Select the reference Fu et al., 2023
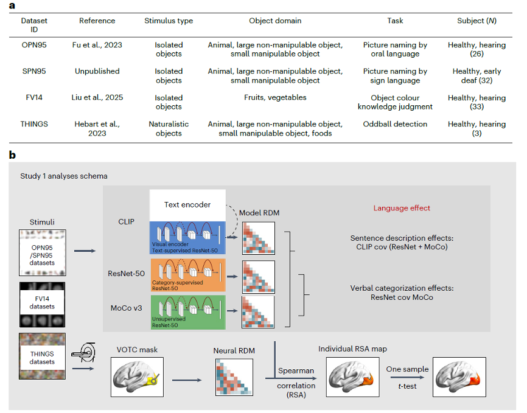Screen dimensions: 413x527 [97, 45]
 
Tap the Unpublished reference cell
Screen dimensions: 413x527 [97, 71]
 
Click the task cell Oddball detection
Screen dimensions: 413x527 [395, 124]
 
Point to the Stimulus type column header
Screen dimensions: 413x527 [169, 21]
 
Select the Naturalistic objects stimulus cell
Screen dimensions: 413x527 [169, 128]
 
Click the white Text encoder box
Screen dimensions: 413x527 [188, 204]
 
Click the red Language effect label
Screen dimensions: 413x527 [401, 208]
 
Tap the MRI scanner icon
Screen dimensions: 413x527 [82, 355]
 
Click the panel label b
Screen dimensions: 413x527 [12, 155]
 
